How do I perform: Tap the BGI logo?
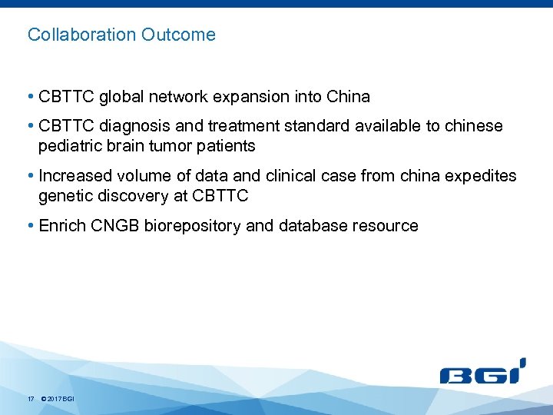click(x=482, y=372)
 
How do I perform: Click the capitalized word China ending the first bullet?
click(x=348, y=98)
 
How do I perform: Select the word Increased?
click(x=74, y=176)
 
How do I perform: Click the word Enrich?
click(x=60, y=226)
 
